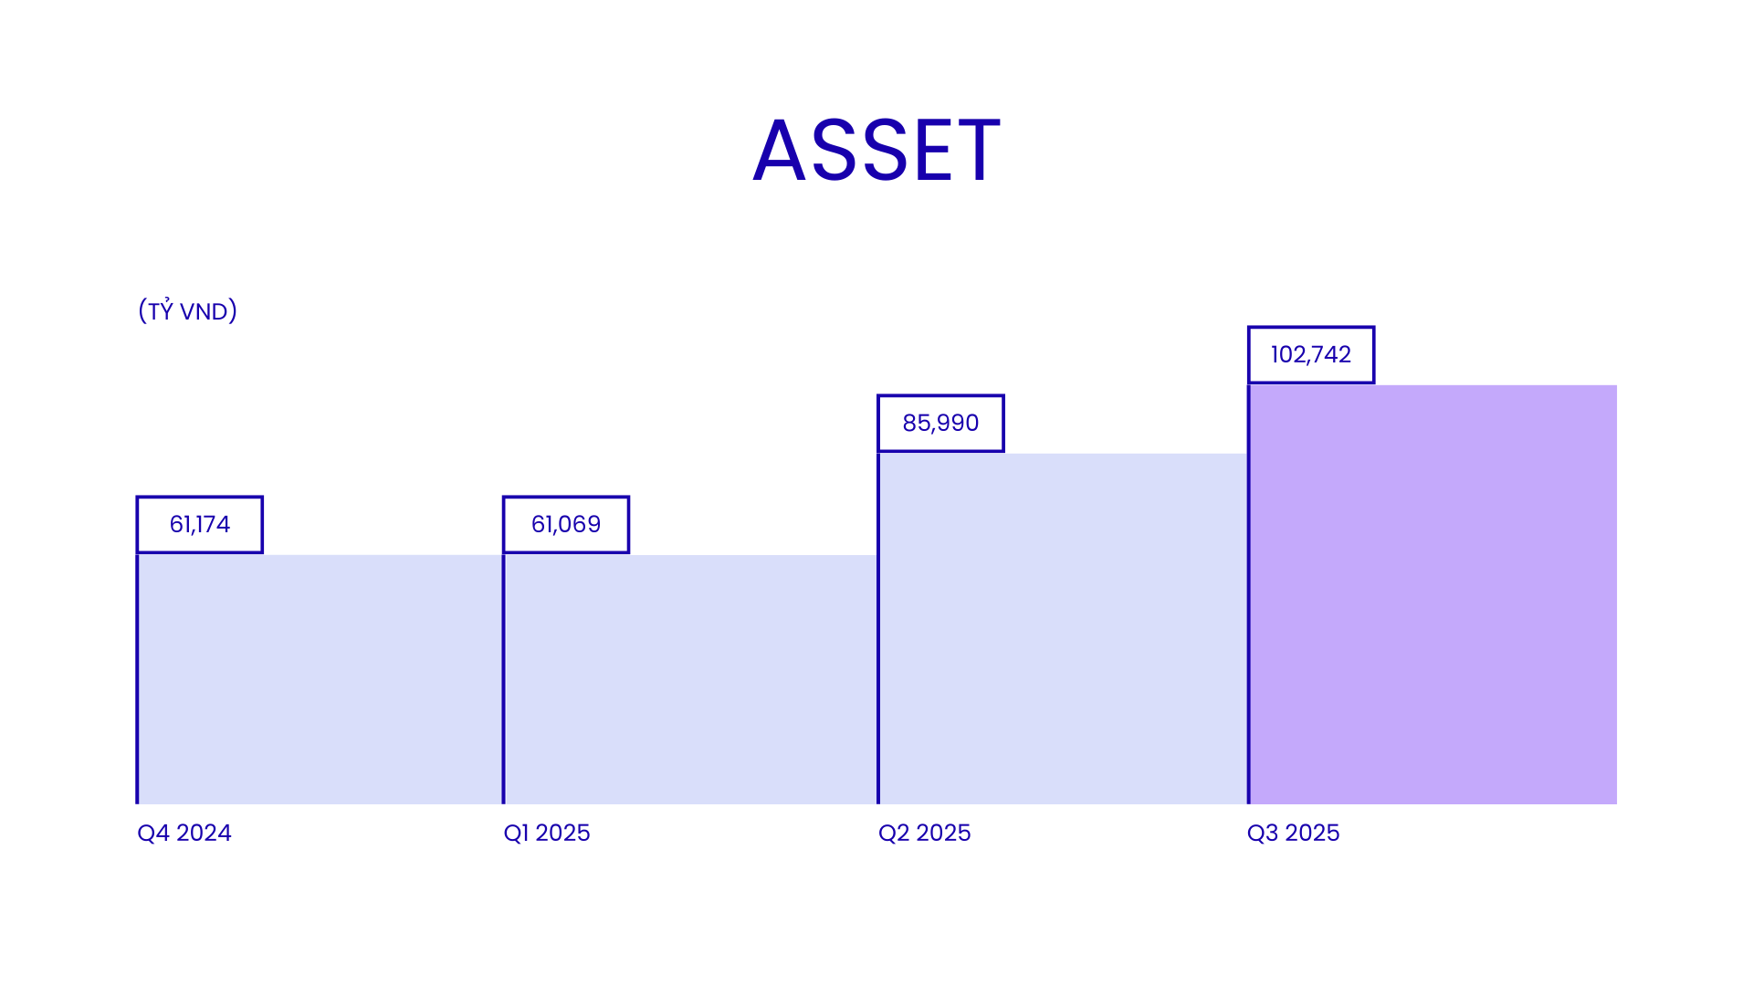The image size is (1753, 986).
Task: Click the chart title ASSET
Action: tap(876, 151)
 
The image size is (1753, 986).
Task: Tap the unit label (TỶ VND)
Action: tap(187, 310)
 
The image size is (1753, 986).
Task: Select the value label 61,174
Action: tap(200, 525)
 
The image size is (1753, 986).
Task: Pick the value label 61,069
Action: tap(566, 525)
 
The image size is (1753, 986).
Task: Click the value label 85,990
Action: tap(940, 424)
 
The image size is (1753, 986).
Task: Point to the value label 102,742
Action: tap(1311, 355)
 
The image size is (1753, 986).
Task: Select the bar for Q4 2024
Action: tap(320, 679)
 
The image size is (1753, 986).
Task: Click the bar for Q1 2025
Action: tap(690, 679)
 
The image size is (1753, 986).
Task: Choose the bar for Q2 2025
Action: tap(1063, 629)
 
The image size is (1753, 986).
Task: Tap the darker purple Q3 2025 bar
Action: tap(1433, 594)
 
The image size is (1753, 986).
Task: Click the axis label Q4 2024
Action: tap(184, 833)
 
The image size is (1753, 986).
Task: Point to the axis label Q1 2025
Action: tap(547, 833)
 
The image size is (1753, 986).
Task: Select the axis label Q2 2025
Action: tap(924, 833)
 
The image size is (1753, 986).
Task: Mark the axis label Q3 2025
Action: tap(1293, 833)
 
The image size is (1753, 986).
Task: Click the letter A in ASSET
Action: tap(779, 151)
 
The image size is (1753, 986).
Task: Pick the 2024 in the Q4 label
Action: tap(204, 833)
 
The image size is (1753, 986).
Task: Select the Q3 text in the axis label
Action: tap(1261, 833)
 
